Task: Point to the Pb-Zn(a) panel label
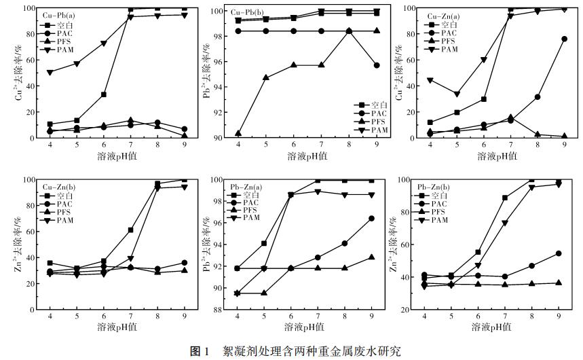(x=248, y=187)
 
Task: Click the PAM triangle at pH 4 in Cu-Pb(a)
(x=50, y=72)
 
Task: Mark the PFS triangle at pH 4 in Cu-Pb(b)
(x=238, y=134)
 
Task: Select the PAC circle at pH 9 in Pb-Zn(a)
(x=371, y=219)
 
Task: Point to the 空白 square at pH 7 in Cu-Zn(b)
(x=131, y=230)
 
